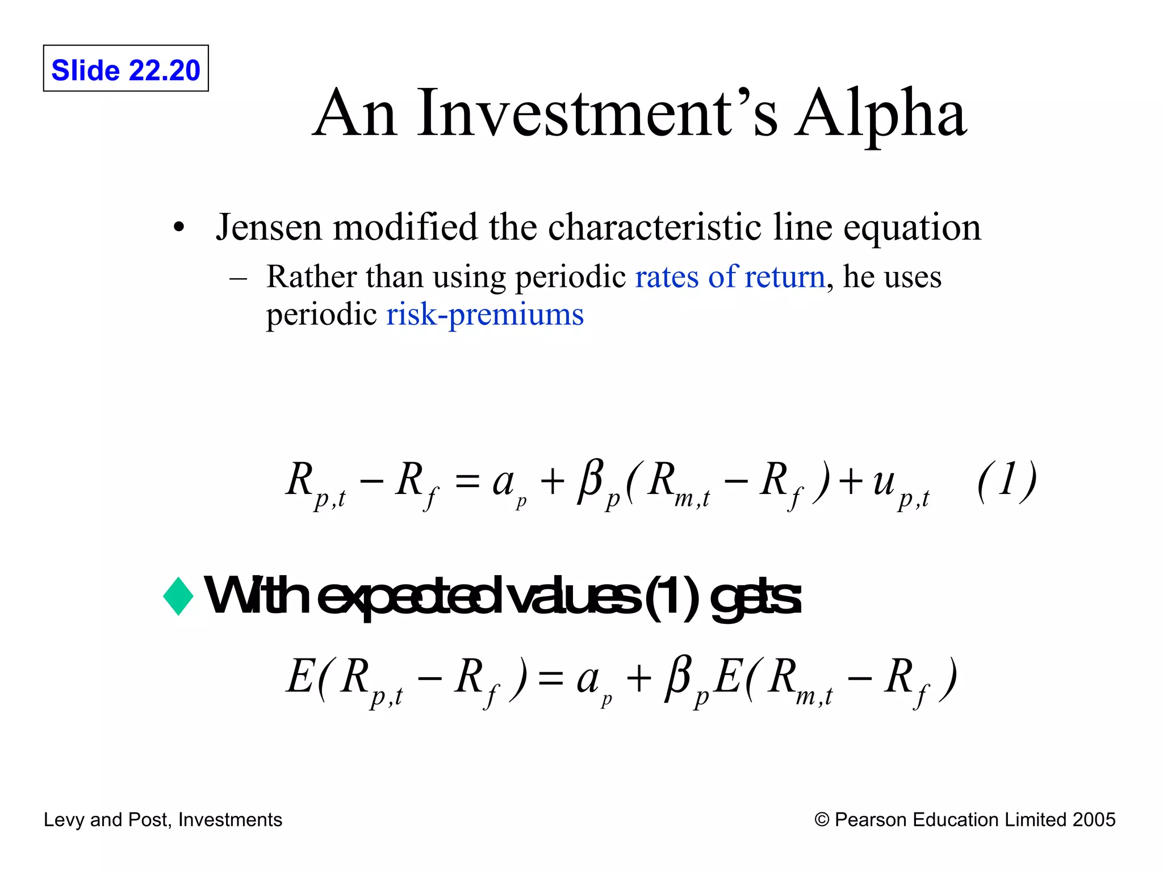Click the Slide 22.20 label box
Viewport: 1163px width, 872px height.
125,69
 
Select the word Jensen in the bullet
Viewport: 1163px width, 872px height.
269,227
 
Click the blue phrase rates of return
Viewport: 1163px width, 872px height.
730,277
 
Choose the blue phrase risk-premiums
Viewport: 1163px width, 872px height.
485,315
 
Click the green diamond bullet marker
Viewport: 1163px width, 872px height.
178,596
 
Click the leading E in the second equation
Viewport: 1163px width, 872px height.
299,677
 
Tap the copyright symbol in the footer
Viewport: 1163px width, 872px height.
821,820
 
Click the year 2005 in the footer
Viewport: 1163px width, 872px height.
1094,820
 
